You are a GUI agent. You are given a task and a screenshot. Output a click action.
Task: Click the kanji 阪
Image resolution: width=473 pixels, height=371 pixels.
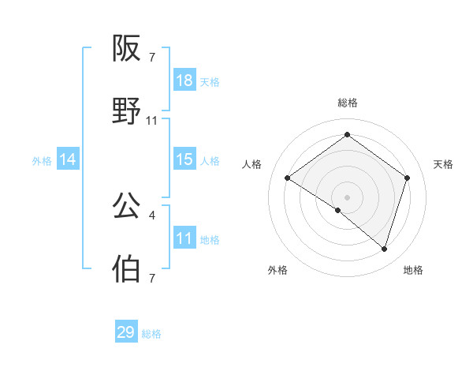click(x=127, y=50)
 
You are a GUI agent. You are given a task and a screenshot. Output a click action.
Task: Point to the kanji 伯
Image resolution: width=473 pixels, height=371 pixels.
click(x=127, y=268)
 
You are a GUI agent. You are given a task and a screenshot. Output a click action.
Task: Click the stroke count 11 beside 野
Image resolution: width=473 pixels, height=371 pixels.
click(x=152, y=121)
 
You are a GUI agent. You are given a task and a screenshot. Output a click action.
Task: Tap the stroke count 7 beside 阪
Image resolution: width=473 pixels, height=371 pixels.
click(x=152, y=58)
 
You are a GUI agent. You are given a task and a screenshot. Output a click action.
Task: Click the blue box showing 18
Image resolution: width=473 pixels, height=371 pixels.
click(x=184, y=81)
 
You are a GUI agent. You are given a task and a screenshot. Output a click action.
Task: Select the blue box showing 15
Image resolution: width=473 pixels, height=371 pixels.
click(x=184, y=159)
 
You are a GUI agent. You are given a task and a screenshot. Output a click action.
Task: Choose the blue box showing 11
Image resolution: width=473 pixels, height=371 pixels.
click(x=184, y=238)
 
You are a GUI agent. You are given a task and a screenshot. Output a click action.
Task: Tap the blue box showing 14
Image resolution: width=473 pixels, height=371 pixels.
click(x=68, y=159)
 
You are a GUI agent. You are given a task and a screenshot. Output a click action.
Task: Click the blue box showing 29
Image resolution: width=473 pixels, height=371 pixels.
click(x=126, y=332)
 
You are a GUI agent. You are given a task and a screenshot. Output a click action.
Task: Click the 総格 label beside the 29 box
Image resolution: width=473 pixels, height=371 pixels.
click(x=151, y=334)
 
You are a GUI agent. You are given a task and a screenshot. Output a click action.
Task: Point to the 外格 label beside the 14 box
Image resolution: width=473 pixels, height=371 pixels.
click(x=42, y=161)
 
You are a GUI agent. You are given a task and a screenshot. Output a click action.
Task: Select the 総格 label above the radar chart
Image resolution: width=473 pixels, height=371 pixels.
click(x=348, y=103)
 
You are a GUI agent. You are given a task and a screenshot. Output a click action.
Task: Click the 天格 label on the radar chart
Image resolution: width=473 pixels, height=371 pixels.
click(x=444, y=164)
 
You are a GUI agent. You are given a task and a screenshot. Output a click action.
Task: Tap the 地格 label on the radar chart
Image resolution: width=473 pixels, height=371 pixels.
click(x=413, y=270)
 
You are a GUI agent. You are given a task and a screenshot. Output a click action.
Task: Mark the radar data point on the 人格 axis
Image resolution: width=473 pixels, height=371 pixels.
click(x=288, y=178)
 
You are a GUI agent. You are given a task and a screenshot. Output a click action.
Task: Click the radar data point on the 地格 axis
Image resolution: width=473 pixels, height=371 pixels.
click(x=384, y=249)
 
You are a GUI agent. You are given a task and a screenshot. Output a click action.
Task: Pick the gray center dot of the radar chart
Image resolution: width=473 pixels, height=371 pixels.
click(x=348, y=197)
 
